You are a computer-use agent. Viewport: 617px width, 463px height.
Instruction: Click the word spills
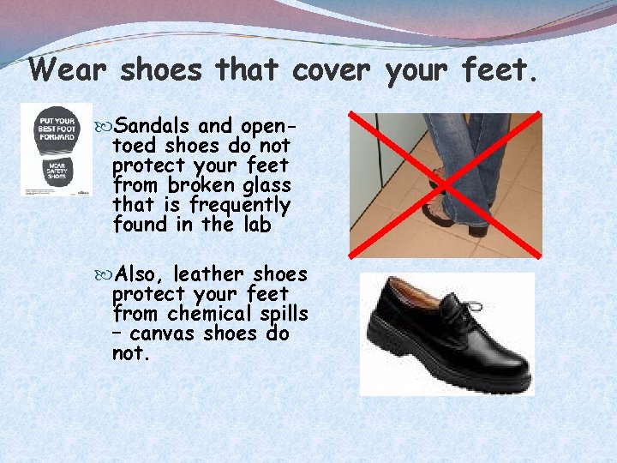(280, 314)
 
